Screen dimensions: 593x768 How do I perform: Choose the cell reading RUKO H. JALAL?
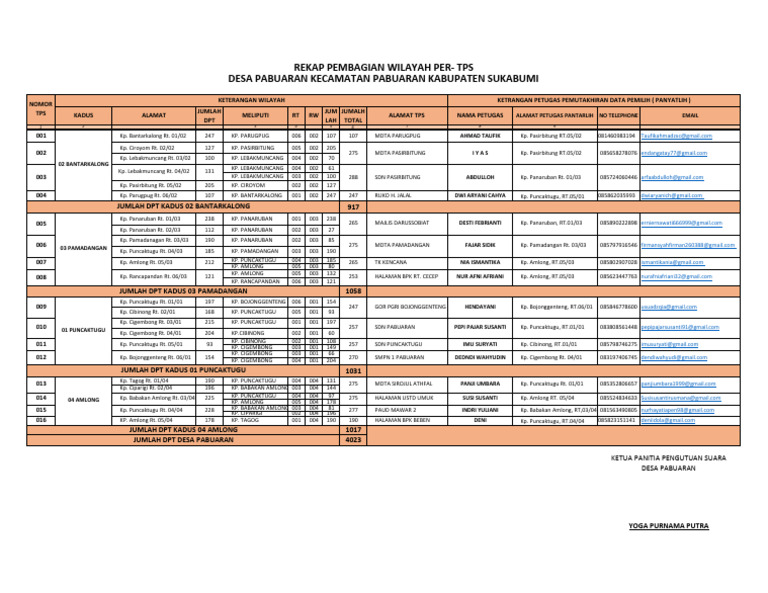coord(394,195)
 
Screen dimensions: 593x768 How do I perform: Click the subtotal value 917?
coord(352,206)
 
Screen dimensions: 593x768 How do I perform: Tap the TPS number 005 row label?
coord(41,223)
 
